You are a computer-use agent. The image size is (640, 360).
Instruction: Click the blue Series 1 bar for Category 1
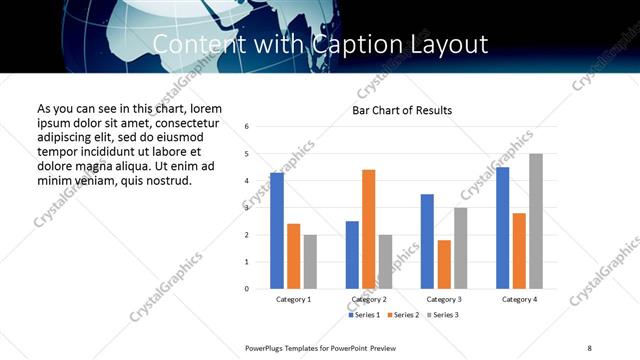pyautogui.click(x=276, y=231)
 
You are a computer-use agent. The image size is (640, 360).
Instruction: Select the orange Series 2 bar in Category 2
pyautogui.click(x=368, y=229)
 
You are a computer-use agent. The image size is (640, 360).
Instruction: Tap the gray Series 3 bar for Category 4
pyautogui.click(x=536, y=221)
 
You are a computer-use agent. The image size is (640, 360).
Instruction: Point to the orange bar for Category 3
pyautogui.click(x=444, y=264)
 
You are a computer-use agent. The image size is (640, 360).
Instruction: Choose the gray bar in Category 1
pyautogui.click(x=310, y=261)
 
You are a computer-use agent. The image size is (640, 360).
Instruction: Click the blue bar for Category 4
pyautogui.click(x=502, y=227)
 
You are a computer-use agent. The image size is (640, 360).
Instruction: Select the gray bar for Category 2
pyautogui.click(x=385, y=261)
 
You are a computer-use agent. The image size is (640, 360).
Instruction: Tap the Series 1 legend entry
pyautogui.click(x=364, y=315)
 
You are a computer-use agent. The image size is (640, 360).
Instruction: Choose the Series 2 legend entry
pyautogui.click(x=403, y=315)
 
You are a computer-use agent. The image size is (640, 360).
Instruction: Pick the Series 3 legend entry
pyautogui.click(x=442, y=315)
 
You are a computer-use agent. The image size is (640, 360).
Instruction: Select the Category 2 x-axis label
pyautogui.click(x=369, y=299)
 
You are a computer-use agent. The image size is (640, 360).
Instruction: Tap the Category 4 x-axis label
pyautogui.click(x=519, y=299)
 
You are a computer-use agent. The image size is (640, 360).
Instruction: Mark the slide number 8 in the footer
pyautogui.click(x=589, y=347)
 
